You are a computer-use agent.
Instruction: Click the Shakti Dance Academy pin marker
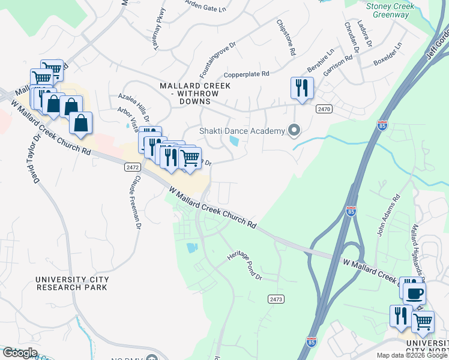(294, 130)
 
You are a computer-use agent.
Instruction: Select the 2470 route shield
(324, 109)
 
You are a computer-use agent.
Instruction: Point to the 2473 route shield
(276, 299)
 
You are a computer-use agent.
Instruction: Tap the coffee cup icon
(414, 293)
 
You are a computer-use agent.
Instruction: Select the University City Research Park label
(72, 283)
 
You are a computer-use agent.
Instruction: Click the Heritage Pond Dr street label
(245, 266)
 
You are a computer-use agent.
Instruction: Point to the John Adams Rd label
(388, 215)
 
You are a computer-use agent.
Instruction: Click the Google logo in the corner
(20, 353)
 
